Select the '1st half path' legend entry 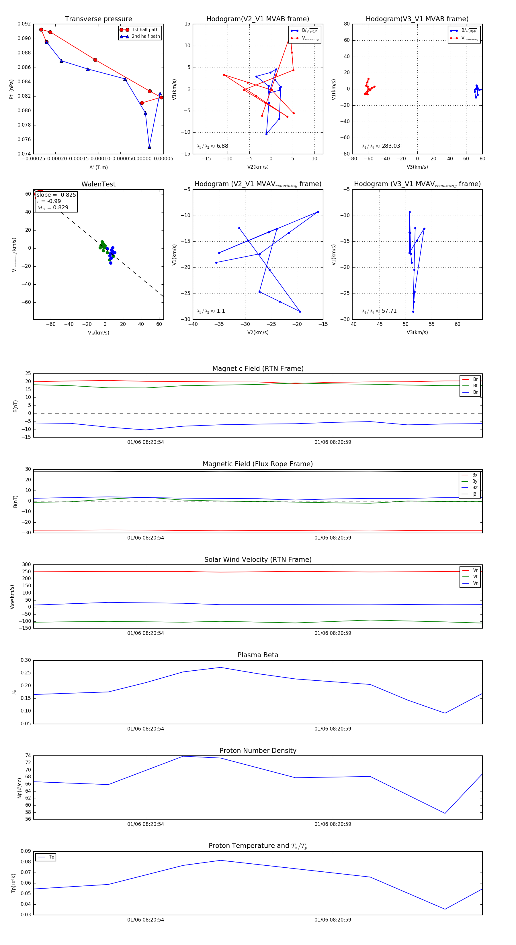145,30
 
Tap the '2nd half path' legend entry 145,36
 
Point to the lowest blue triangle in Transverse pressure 149,147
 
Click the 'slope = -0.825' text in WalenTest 56,195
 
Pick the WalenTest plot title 98,184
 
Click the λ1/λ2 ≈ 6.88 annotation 212,146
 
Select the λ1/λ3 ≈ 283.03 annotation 381,146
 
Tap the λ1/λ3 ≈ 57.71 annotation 379,311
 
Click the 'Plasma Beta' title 258,655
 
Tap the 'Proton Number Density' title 258,751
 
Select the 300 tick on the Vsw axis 26,565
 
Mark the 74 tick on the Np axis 28,756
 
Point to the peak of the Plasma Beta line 220,667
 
